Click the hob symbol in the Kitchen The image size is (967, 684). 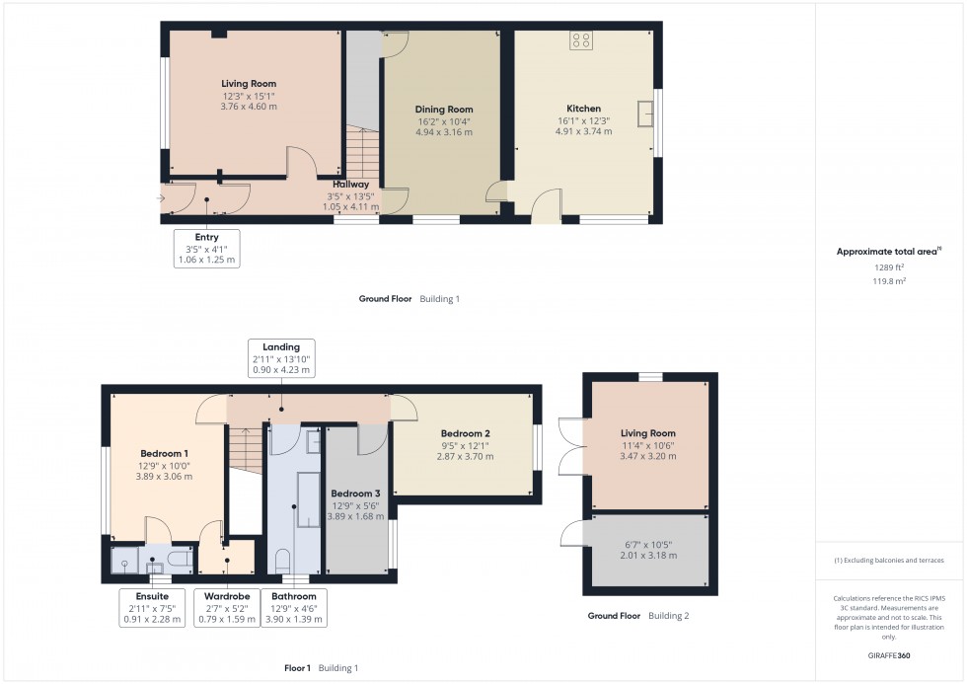(580, 40)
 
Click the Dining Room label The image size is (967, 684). (443, 110)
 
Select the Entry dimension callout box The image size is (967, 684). (206, 249)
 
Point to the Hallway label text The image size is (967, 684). (350, 185)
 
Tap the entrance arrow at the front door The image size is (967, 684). (161, 198)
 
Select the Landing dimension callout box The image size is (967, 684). (281, 359)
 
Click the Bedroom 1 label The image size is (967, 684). (164, 454)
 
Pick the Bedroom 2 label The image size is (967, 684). (465, 433)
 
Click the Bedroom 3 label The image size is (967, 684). (354, 494)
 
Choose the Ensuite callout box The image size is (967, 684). (145, 608)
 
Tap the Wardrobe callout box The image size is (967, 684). (227, 608)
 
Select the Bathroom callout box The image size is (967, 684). (294, 608)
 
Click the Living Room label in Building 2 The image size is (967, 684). (648, 433)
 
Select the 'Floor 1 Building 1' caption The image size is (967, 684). (321, 668)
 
